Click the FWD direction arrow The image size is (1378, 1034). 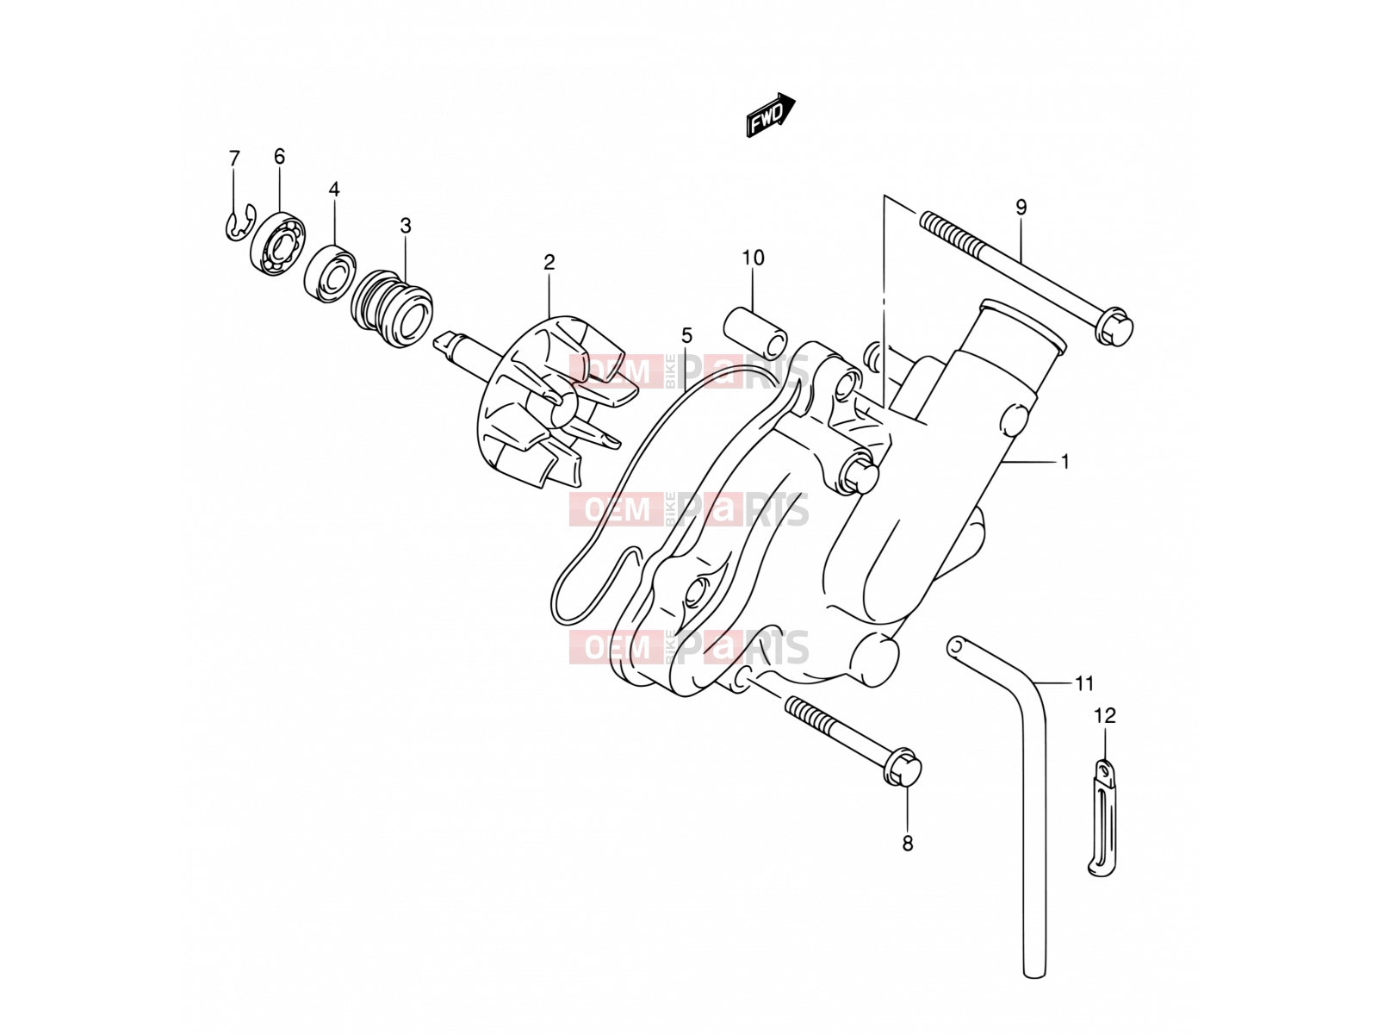[770, 115]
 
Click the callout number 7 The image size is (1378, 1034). [234, 159]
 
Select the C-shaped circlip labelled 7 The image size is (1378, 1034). [239, 223]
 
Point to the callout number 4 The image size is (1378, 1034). [334, 189]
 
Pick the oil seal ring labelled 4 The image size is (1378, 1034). [330, 272]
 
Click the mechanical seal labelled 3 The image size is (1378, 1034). [392, 308]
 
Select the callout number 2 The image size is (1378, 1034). [549, 263]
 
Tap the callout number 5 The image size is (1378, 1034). [686, 335]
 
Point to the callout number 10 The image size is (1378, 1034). [754, 258]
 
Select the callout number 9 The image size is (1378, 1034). [1021, 207]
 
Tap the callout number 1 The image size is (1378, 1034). [1065, 462]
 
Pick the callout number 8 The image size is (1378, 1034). [907, 844]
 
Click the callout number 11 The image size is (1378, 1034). [1084, 683]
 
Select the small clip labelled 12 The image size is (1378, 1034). [1103, 817]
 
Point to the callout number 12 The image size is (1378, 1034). [1105, 715]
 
